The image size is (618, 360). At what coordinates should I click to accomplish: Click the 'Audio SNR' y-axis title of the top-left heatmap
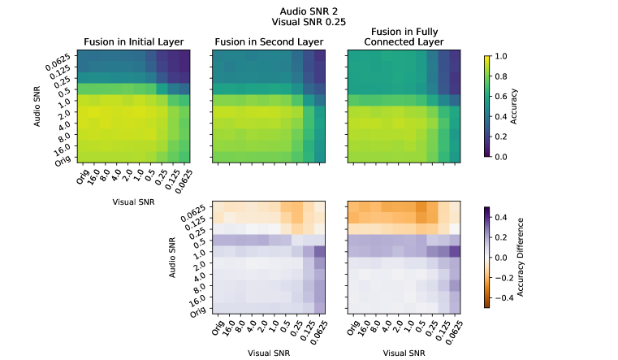click(x=38, y=107)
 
